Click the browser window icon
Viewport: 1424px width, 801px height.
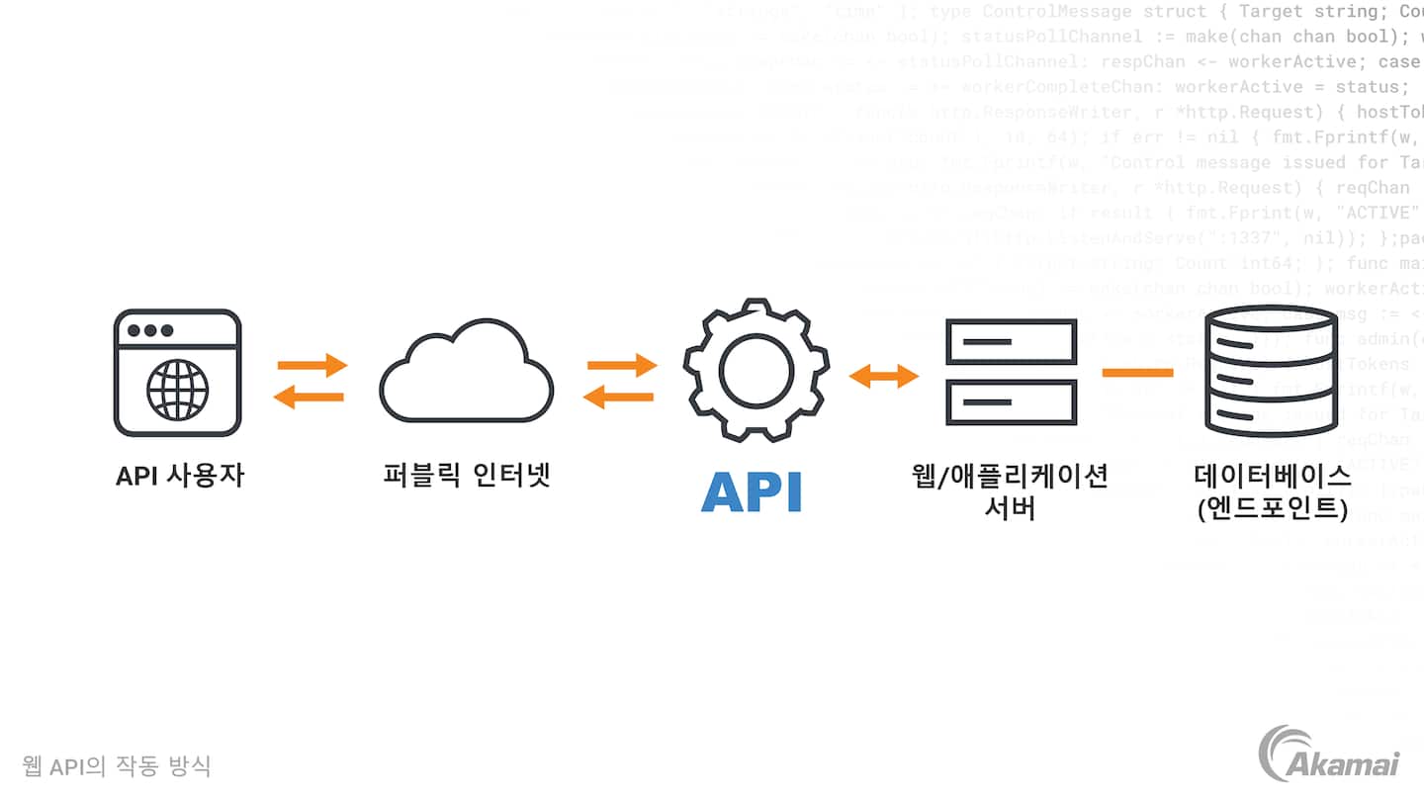[x=178, y=372]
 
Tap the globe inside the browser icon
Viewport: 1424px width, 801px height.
[x=178, y=389]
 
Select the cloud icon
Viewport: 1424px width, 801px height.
[x=466, y=372]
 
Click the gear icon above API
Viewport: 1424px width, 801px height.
[x=756, y=371]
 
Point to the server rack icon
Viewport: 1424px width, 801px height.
[x=1010, y=372]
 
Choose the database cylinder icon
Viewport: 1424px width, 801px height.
[x=1249, y=372]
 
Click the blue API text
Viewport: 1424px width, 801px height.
[x=752, y=491]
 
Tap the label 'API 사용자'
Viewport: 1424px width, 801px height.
[x=179, y=476]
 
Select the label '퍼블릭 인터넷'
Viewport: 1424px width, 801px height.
[x=466, y=475]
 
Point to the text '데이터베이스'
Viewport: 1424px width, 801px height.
[x=1272, y=476]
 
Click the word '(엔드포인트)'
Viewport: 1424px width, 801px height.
[x=1272, y=508]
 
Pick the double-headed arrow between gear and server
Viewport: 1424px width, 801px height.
[x=884, y=376]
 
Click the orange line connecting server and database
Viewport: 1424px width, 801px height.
[x=1137, y=373]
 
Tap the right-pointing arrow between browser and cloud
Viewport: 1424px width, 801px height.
[x=312, y=365]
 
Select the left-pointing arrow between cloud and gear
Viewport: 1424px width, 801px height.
[x=618, y=398]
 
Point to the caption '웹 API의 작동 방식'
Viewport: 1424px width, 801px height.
[x=117, y=765]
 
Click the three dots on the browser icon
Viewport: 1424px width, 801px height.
[x=148, y=330]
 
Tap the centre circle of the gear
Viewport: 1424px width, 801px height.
[x=756, y=372]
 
